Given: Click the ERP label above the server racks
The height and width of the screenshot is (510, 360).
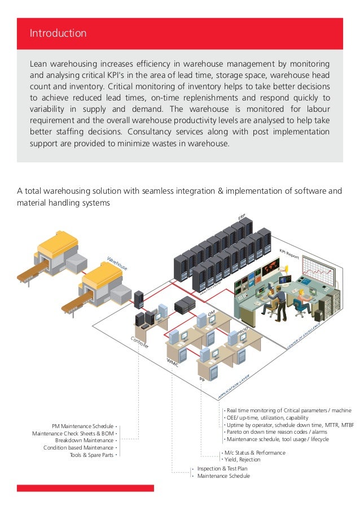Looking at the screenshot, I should click(x=242, y=215).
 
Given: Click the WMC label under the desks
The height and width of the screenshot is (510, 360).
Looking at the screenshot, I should click(x=172, y=363).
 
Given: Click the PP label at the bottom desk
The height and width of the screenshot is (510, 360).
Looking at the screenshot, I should click(x=201, y=380).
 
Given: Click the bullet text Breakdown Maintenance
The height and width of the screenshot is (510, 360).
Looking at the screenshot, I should click(x=84, y=440).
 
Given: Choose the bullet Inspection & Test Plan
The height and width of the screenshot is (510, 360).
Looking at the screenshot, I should click(x=222, y=468).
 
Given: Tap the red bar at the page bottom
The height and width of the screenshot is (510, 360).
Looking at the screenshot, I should click(x=85, y=488).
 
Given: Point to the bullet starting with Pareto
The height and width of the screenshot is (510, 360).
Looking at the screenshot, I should click(x=276, y=432).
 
